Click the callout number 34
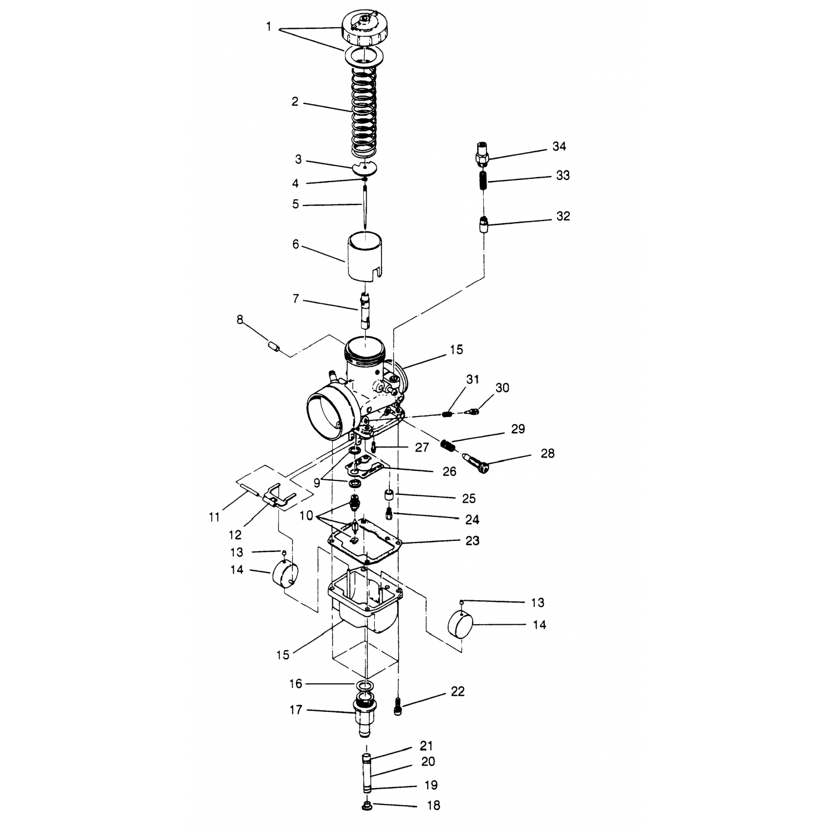click(559, 146)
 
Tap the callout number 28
click(547, 453)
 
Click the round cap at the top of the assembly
click(364, 27)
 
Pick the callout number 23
click(472, 540)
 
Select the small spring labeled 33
click(483, 181)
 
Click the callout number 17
click(296, 710)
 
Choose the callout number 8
click(240, 320)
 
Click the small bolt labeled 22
click(397, 706)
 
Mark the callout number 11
click(214, 517)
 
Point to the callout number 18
click(433, 805)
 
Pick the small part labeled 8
click(273, 349)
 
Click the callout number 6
click(295, 244)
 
